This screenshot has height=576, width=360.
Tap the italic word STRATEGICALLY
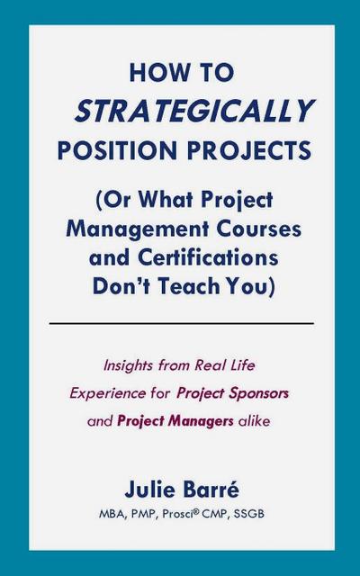pyautogui.click(x=193, y=110)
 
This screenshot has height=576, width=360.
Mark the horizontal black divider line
pyautogui.click(x=181, y=322)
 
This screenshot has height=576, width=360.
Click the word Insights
pyautogui.click(x=131, y=367)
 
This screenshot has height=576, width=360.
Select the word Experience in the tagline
pyautogui.click(x=105, y=394)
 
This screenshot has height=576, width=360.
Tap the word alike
pyautogui.click(x=248, y=421)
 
